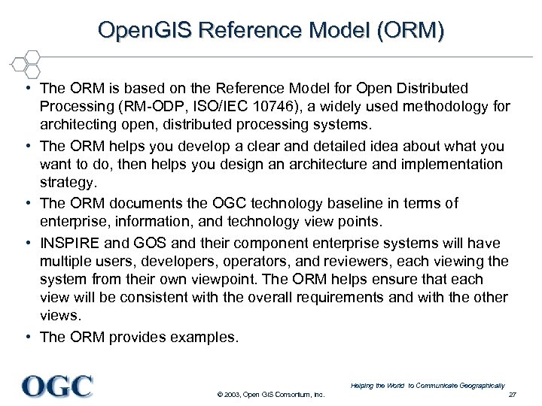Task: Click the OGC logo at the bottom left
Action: point(57,386)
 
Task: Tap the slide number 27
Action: point(513,395)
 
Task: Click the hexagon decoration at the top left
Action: point(24,64)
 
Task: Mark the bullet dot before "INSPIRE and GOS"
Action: point(27,243)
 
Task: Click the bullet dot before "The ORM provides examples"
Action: point(27,337)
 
